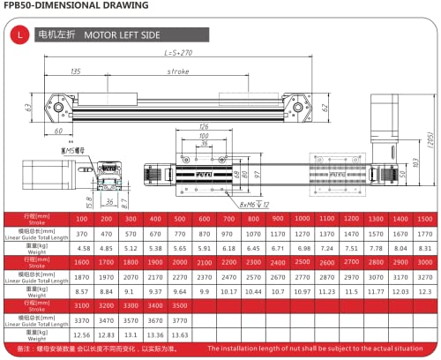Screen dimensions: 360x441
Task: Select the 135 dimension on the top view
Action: [76, 71]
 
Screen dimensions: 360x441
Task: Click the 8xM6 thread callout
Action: [257, 203]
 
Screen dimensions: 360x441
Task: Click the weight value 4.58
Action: [82, 249]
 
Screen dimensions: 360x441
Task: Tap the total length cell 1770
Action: [425, 233]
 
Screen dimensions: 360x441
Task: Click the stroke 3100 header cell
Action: [82, 304]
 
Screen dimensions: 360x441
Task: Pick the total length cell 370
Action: [82, 233]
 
